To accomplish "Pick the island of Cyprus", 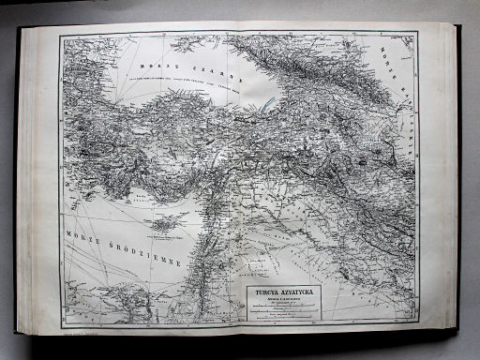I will pyautogui.click(x=166, y=222).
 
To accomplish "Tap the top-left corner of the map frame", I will pyautogui.click(x=60, y=36).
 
